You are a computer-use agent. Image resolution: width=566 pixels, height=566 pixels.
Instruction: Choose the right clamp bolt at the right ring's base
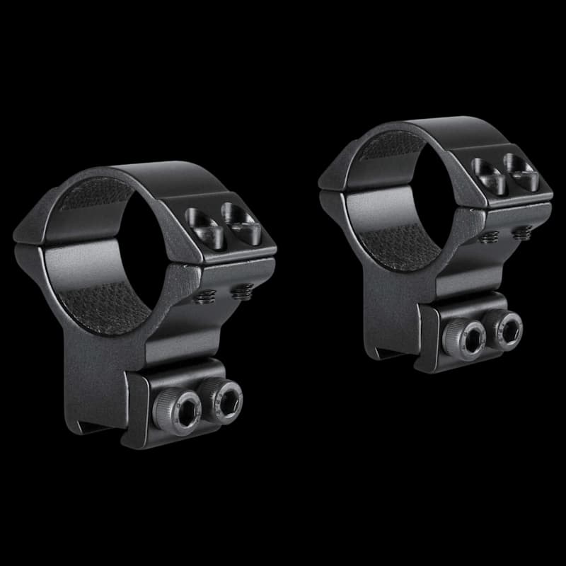coord(507,328)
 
